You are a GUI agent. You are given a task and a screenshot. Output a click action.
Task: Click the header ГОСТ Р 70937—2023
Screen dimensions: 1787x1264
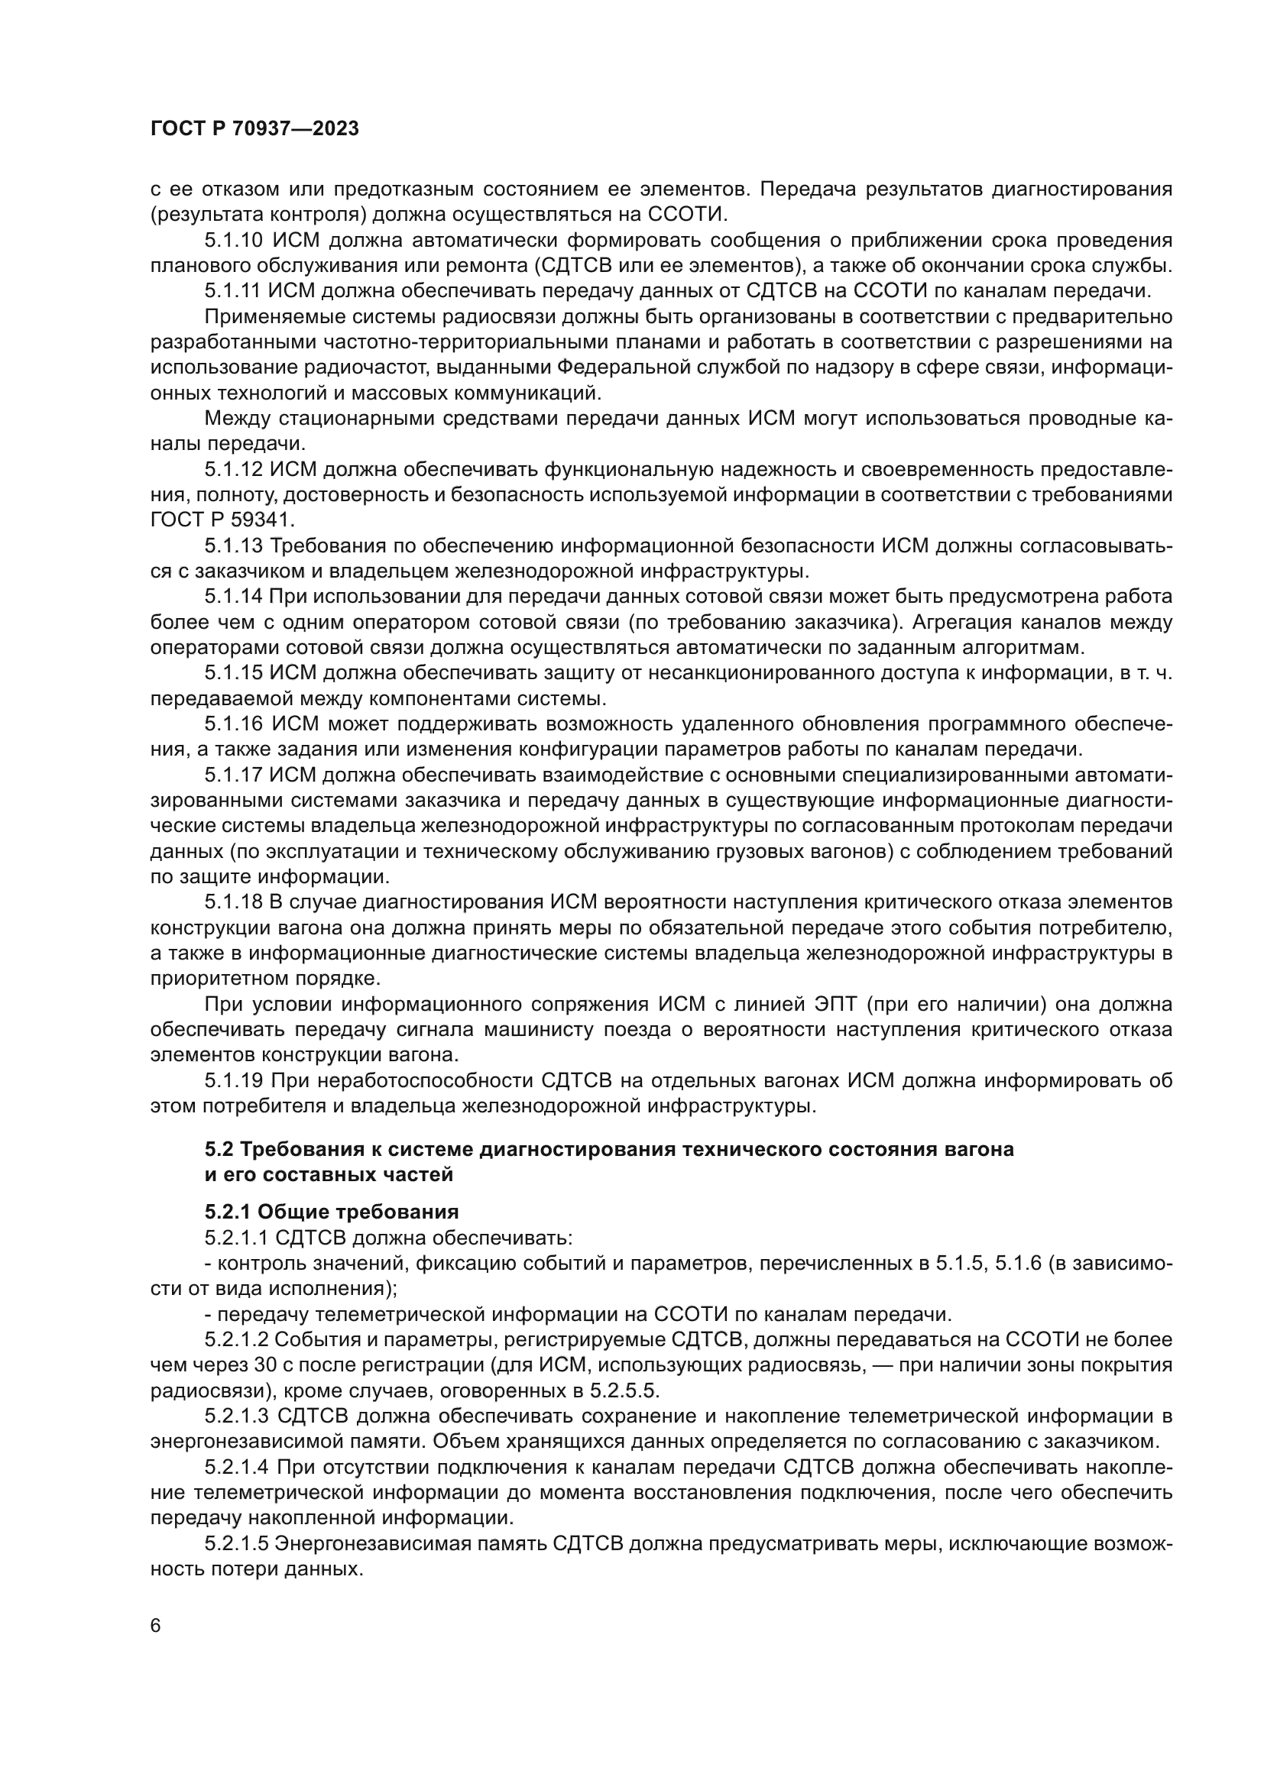pyautogui.click(x=254, y=129)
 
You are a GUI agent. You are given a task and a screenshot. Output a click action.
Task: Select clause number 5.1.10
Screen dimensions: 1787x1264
pyautogui.click(x=233, y=240)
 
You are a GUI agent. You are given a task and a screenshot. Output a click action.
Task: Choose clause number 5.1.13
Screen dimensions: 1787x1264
pyautogui.click(x=233, y=545)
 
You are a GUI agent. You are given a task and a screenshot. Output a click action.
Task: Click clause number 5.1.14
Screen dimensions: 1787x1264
pyautogui.click(x=233, y=597)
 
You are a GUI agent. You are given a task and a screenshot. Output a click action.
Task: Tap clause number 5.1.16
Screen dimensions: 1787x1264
pyautogui.click(x=233, y=724)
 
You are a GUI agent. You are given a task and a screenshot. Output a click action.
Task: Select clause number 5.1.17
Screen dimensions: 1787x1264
pyautogui.click(x=233, y=775)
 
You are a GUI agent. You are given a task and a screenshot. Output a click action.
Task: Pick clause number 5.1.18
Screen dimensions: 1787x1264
pyautogui.click(x=233, y=902)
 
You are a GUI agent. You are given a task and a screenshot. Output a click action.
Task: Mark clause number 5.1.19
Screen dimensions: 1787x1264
pyautogui.click(x=233, y=1080)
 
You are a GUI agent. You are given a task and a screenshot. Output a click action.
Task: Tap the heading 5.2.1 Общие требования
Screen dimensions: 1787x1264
pyautogui.click(x=332, y=1212)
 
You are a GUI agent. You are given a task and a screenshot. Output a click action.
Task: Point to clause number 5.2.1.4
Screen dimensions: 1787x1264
pyautogui.click(x=237, y=1467)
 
